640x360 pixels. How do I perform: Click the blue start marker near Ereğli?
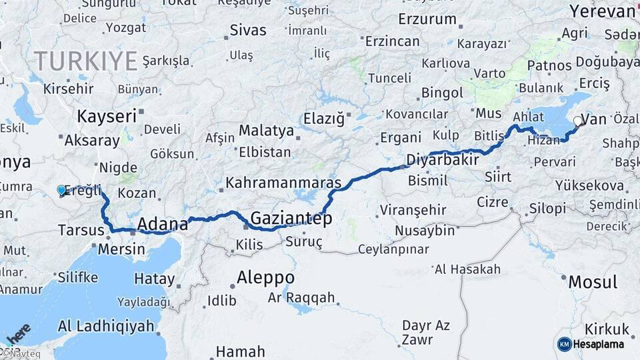coord(62,190)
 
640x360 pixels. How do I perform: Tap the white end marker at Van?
coord(577,121)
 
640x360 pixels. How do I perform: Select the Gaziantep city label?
coord(291,218)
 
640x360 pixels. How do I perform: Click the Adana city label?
coord(162,223)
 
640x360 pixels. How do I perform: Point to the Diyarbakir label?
coord(443,161)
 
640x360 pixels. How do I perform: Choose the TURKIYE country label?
coord(86,61)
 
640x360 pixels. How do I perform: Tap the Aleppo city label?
coord(266,277)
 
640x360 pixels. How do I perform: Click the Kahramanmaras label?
coord(283,182)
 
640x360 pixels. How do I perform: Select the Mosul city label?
coord(593,282)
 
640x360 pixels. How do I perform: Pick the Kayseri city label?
coord(107,116)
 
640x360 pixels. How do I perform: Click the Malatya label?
coord(266,130)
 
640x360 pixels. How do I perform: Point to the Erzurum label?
coord(427,19)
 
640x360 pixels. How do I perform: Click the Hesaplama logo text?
coord(599,344)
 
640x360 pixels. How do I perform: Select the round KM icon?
coord(565,344)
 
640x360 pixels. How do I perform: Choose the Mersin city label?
coord(121,249)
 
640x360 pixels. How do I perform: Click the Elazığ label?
coord(324,119)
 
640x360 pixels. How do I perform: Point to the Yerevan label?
coord(603,11)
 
